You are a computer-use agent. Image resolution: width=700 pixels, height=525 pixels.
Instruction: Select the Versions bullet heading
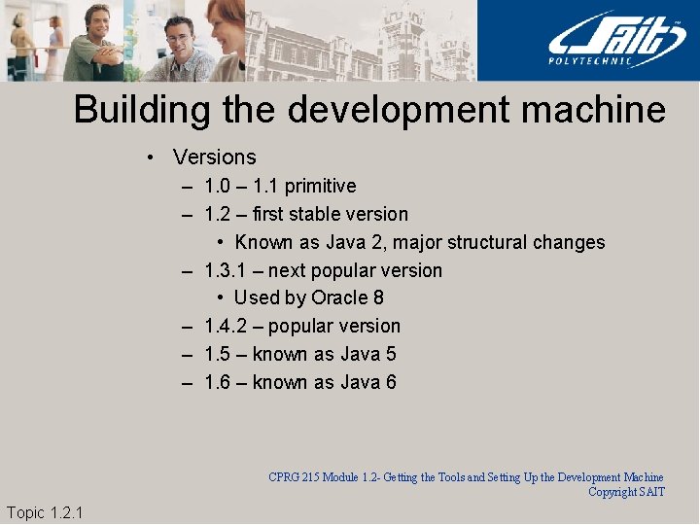[214, 157]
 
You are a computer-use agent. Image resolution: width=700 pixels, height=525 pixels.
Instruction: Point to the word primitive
[320, 186]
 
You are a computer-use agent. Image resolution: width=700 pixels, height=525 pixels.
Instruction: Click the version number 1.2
[218, 214]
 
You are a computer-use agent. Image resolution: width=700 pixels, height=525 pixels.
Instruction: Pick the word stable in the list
[340, 214]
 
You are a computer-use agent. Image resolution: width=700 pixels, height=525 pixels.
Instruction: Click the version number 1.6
[218, 382]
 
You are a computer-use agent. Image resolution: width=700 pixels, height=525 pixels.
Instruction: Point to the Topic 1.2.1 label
[45, 512]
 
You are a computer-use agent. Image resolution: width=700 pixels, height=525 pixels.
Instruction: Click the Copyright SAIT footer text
[626, 492]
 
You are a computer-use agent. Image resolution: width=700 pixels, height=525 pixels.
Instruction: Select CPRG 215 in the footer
[295, 477]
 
